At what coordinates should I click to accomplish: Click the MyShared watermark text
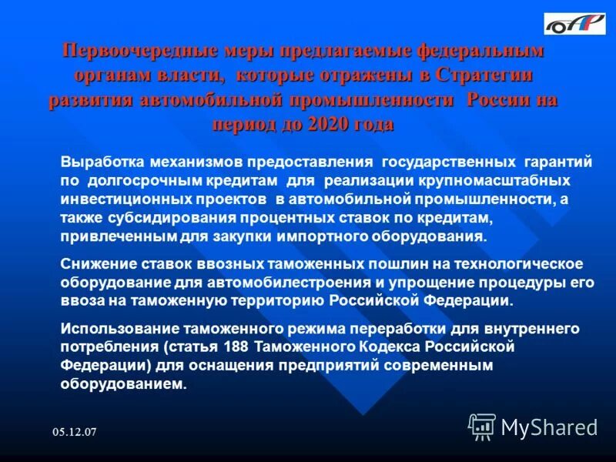coord(549,427)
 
